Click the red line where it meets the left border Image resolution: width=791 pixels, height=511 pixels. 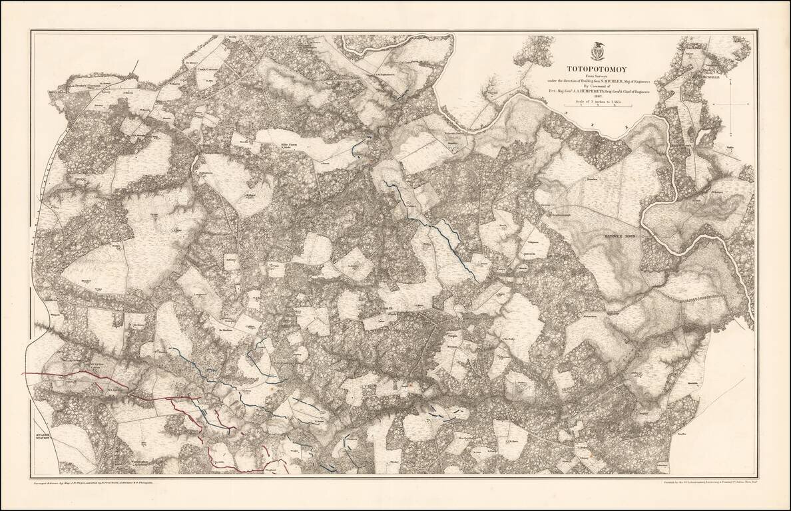[25, 373]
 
